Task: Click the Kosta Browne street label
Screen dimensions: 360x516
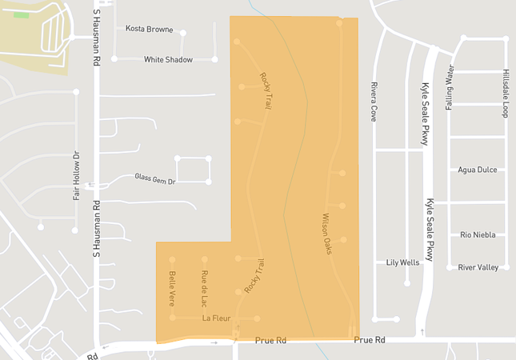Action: (149, 30)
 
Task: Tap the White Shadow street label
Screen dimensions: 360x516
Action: (168, 59)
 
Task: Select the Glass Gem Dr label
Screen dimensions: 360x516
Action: (154, 178)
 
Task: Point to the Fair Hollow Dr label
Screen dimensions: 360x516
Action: (77, 177)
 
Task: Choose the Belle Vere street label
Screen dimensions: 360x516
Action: (172, 287)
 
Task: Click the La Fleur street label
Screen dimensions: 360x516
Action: (216, 319)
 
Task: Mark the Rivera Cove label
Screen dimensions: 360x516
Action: (374, 101)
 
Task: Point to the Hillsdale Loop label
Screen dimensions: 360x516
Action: (506, 93)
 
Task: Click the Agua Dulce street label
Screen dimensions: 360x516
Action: (478, 170)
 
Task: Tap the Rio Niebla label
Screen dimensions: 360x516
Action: (478, 234)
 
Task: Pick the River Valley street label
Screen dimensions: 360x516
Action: (478, 267)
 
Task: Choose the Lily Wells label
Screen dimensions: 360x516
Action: (402, 262)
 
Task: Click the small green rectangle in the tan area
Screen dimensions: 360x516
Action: (21, 14)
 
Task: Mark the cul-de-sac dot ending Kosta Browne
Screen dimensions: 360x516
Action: (183, 33)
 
